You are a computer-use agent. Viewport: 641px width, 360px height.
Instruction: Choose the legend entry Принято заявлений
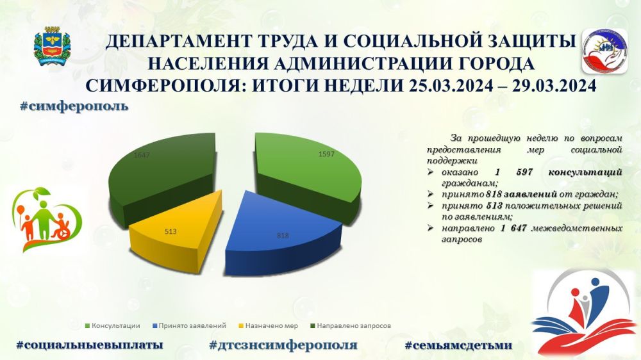pos(189,325)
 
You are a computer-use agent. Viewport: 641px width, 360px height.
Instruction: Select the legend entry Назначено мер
pos(268,325)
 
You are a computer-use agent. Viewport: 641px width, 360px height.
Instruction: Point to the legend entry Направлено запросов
pos(351,325)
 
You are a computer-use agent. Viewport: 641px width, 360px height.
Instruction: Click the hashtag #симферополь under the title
pos(74,106)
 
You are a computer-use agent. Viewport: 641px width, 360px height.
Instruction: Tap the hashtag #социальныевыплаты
pos(90,345)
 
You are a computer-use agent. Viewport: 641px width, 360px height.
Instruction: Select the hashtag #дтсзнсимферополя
pos(283,345)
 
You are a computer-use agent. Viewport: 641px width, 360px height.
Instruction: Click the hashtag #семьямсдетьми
pos(458,345)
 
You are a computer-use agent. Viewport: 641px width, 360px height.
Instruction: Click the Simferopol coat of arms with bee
pos(52,45)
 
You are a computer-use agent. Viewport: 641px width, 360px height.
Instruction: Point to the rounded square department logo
pos(604,51)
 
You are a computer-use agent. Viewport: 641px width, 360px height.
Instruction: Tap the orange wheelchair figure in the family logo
pos(61,227)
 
